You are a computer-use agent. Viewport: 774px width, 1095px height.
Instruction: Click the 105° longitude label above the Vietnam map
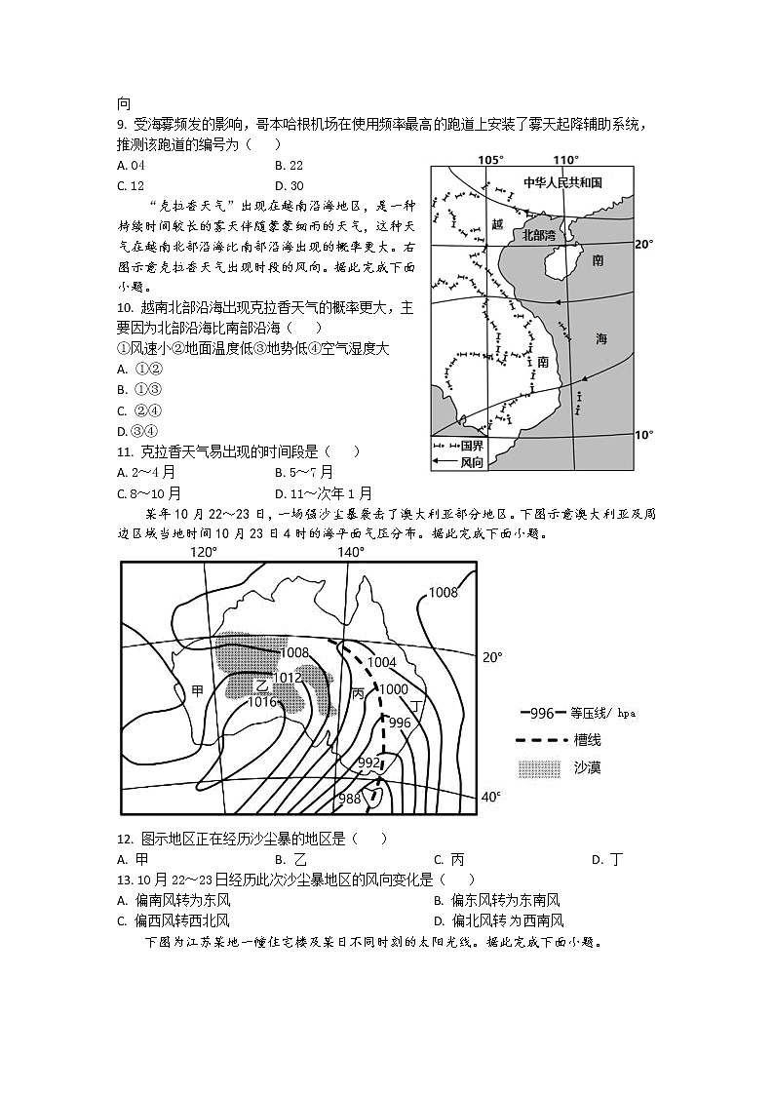click(x=490, y=160)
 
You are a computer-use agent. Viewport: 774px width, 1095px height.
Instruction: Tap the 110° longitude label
click(x=565, y=160)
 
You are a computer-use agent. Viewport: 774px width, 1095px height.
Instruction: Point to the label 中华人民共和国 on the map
click(x=562, y=182)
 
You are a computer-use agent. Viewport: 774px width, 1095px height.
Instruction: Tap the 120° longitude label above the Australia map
click(x=203, y=552)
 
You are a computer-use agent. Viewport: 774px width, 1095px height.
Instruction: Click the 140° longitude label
click(x=351, y=552)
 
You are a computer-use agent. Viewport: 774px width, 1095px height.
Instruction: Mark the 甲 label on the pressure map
click(x=198, y=691)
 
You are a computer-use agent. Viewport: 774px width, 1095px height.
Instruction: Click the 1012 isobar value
click(x=287, y=678)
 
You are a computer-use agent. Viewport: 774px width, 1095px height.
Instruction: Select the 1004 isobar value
click(x=382, y=662)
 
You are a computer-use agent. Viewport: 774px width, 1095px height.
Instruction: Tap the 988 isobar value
click(x=349, y=800)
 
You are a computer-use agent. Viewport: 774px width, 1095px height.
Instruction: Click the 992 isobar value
click(x=369, y=763)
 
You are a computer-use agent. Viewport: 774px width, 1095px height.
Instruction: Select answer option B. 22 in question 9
click(x=289, y=166)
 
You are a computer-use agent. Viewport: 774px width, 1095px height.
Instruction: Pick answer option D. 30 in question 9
click(x=289, y=186)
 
